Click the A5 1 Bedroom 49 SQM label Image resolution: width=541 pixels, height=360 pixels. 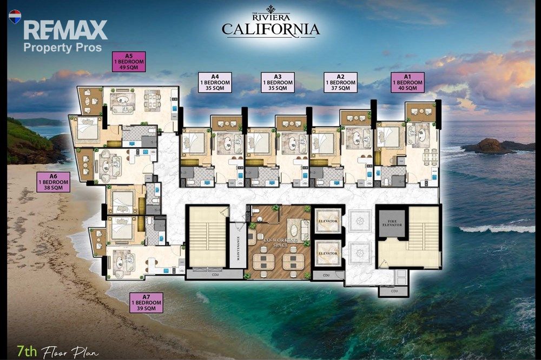tap(129, 62)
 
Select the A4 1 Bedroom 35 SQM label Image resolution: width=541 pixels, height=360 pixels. tap(215, 82)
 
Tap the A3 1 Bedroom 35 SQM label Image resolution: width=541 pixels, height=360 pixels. tap(278, 82)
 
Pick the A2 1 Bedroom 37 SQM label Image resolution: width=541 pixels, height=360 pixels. tap(340, 82)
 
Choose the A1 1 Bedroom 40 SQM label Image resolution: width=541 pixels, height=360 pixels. tap(407, 82)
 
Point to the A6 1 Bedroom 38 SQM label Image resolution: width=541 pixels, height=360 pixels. tap(54, 182)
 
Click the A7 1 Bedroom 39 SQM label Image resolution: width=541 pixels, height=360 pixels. tap(146, 302)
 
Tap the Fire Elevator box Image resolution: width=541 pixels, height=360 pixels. tap(392, 223)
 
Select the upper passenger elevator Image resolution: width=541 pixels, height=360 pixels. tap(328, 221)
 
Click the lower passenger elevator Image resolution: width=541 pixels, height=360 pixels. tap(328, 253)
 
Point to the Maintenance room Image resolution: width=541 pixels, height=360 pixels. tap(238, 245)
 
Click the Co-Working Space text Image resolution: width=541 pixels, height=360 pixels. tap(280, 242)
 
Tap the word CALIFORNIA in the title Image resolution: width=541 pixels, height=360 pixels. tap(271, 29)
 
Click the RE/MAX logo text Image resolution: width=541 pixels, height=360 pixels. tap(65, 30)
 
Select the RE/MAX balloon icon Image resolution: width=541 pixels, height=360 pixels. tap(15, 17)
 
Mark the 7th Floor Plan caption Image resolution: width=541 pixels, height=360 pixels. tap(58, 352)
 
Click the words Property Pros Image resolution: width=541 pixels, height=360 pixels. tap(62, 47)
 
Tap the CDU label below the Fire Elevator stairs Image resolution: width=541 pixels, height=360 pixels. tap(394, 291)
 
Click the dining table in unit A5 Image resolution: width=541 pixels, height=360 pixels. tap(152, 101)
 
